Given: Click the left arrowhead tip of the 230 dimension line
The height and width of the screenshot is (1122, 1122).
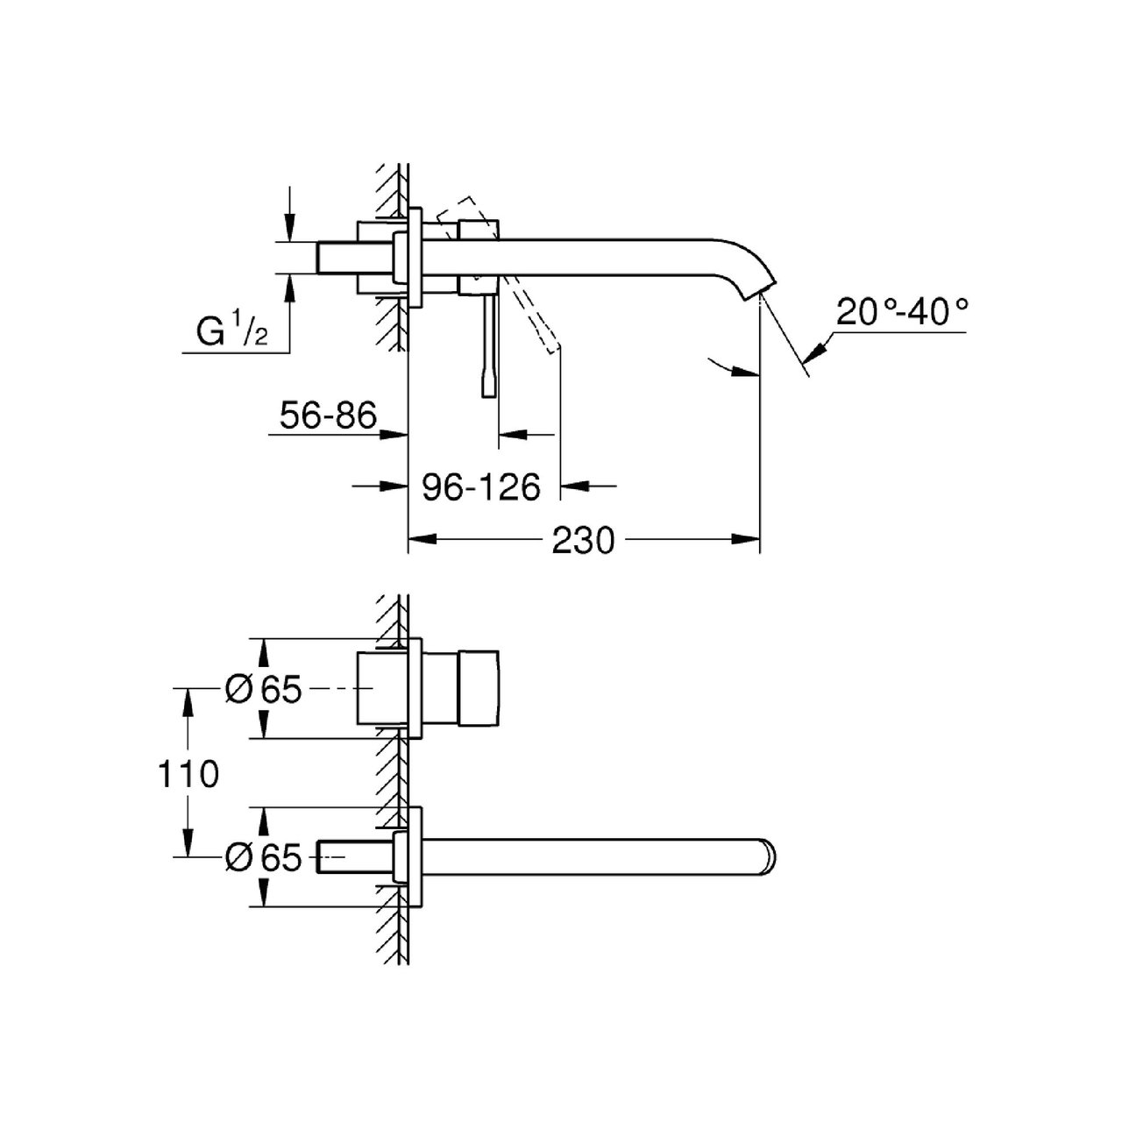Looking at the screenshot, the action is [x=408, y=539].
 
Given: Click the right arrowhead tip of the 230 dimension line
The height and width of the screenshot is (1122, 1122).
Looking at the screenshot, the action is [x=760, y=539].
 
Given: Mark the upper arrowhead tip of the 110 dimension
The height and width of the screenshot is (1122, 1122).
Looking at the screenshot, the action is [x=188, y=688].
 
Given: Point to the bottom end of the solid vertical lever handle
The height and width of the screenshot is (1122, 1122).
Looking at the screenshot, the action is [x=488, y=397].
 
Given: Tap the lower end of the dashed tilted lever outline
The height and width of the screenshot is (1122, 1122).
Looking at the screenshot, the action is [x=553, y=352].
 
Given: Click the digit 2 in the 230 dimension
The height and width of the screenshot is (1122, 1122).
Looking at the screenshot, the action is [x=563, y=540].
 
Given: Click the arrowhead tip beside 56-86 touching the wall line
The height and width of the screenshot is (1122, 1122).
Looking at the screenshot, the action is [x=407, y=435].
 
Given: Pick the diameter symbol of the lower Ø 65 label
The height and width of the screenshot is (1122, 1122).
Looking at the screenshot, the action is [x=239, y=858].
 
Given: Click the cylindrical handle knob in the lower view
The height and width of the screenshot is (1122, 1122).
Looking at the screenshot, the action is [x=479, y=688].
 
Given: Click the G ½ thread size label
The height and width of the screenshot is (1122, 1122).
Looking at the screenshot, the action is [x=231, y=330].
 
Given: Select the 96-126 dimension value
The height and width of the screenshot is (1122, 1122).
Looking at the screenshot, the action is [x=481, y=487].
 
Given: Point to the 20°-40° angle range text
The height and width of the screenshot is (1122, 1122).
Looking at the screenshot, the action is [x=903, y=312].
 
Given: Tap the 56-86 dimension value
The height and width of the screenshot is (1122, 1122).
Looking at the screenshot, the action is [x=328, y=416].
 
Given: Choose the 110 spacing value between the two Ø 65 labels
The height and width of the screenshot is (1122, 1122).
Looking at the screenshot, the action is [x=188, y=775].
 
